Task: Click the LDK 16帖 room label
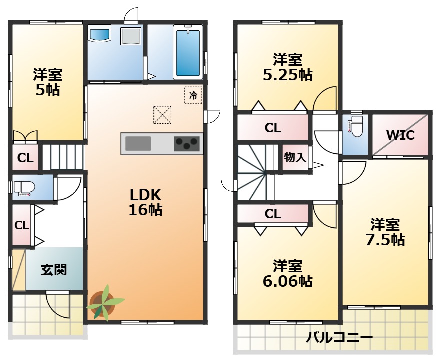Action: click(145, 202)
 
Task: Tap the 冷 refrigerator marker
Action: click(193, 95)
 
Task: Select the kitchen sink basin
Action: click(138, 143)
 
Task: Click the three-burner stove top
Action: click(187, 144)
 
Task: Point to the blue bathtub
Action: click(188, 53)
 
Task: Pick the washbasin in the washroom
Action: click(99, 36)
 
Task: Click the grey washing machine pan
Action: click(131, 36)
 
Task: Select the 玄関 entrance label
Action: click(54, 270)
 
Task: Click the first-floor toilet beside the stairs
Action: click(24, 187)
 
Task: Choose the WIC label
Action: click(400, 135)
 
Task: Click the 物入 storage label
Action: click(295, 157)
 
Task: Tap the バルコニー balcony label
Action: click(339, 337)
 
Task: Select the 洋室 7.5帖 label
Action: click(385, 232)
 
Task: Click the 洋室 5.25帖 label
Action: click(288, 67)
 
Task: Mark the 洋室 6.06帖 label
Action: click(288, 274)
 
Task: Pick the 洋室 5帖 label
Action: click(48, 82)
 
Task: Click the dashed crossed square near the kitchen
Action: click(162, 114)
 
